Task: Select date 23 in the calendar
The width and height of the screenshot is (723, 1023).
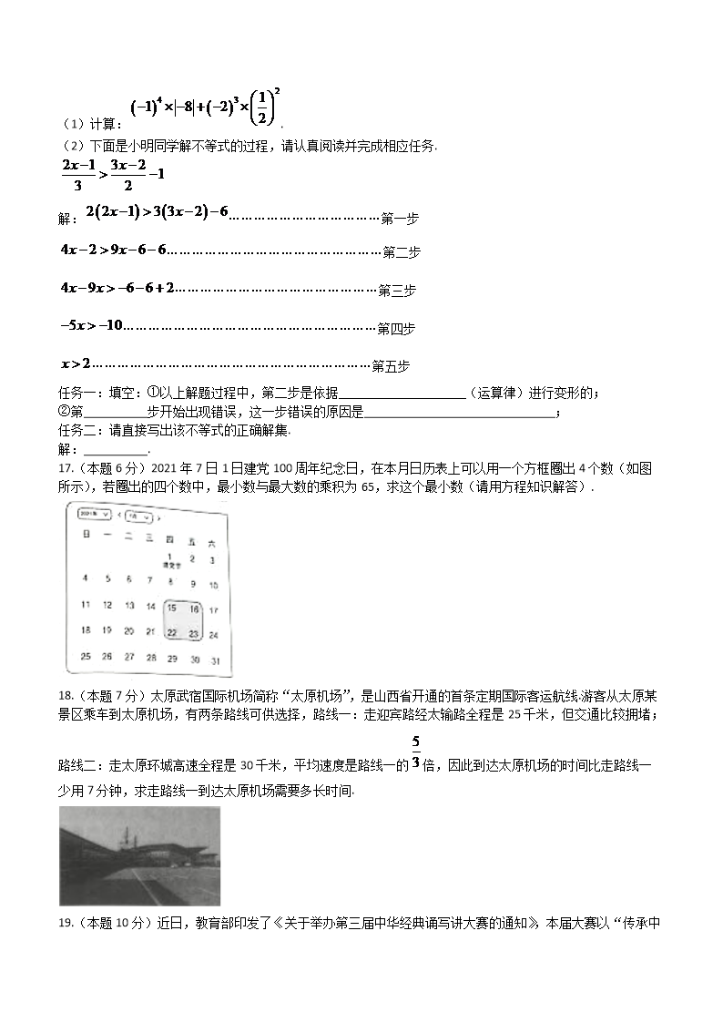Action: [193, 633]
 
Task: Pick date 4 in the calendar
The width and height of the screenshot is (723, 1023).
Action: [86, 578]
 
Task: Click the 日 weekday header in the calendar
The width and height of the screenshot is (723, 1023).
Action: [86, 537]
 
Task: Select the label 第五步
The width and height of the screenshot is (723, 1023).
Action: [391, 366]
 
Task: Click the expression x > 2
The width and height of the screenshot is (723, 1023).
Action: [76, 364]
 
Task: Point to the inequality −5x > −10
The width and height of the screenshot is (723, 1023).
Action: [91, 325]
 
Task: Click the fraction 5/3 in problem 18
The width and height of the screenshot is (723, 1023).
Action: [415, 752]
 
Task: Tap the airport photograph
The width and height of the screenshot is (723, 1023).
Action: [139, 855]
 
